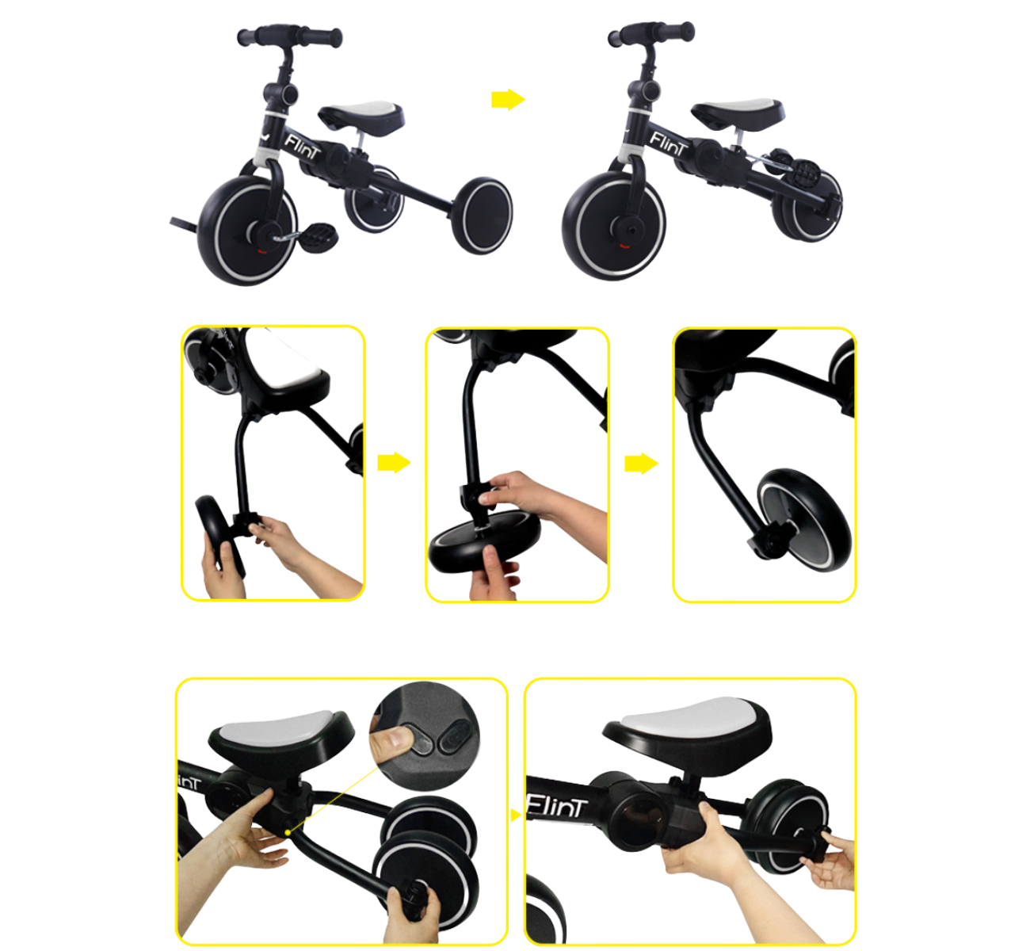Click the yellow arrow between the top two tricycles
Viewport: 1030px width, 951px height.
(508, 99)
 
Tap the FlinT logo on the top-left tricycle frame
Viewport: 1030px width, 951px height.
(303, 146)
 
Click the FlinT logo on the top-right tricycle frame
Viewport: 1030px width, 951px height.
(669, 143)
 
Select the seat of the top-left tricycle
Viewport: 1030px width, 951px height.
(361, 116)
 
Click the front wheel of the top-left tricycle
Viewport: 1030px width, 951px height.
(248, 230)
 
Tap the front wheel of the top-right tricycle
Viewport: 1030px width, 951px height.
(614, 226)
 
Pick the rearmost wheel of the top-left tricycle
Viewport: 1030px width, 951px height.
(482, 216)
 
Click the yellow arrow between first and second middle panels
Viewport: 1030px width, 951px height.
(394, 462)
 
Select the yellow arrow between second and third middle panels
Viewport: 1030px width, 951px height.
(641, 464)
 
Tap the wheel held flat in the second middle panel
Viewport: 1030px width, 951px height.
(483, 543)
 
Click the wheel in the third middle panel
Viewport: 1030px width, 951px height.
(804, 520)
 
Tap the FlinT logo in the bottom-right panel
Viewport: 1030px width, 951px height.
(555, 809)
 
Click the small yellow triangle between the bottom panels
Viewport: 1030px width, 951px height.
(516, 815)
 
